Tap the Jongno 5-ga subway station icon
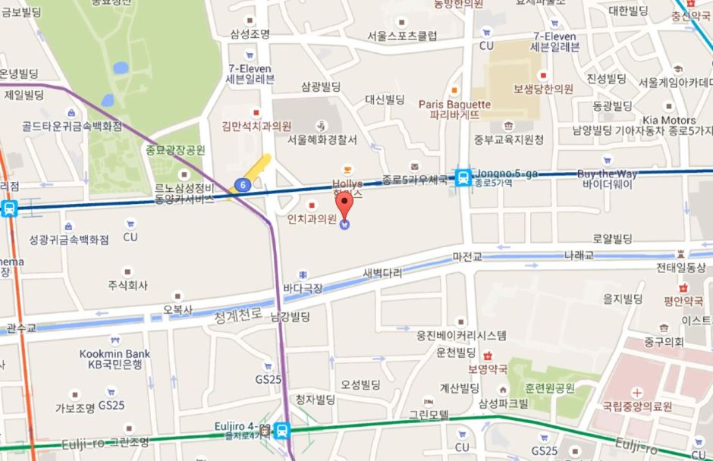tap(462, 178)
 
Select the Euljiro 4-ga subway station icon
tap(282, 431)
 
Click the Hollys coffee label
tap(347, 183)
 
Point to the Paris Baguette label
tap(454, 104)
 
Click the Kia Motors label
tap(668, 121)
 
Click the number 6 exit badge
tap(242, 184)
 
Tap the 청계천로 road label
tap(237, 312)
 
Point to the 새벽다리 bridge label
tap(381, 273)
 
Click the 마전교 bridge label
tap(466, 257)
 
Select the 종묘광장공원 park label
tap(176, 150)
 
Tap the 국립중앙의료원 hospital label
tap(637, 406)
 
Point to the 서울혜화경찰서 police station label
tap(322, 140)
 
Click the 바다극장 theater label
tap(302, 288)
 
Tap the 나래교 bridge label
tap(578, 256)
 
